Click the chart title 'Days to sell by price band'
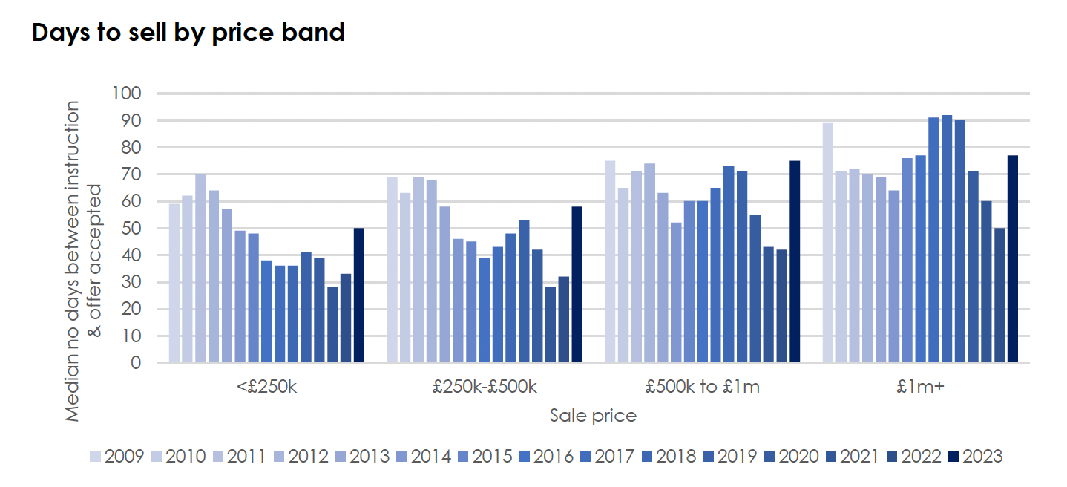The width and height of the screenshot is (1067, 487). click(x=188, y=33)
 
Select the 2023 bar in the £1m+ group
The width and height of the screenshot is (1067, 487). click(x=1012, y=259)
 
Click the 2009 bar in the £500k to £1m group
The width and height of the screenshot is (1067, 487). click(x=610, y=261)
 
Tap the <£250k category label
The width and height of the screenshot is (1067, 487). click(x=266, y=387)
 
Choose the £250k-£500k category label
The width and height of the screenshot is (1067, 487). click(x=484, y=387)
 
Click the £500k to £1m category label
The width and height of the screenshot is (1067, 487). click(x=702, y=387)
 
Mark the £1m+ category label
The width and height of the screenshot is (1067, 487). click(x=920, y=387)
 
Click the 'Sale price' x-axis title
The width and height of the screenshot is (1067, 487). click(x=593, y=415)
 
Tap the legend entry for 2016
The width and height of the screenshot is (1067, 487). click(x=546, y=456)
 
